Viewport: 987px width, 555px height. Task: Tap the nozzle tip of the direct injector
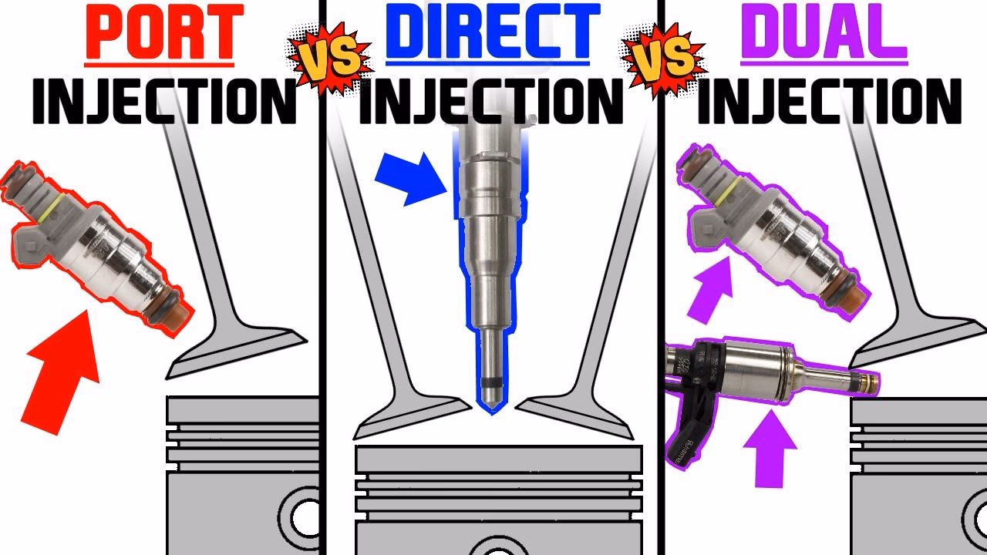[x=488, y=405]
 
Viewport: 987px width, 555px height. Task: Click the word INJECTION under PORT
[x=163, y=102]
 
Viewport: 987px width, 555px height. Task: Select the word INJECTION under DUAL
[x=829, y=102]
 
